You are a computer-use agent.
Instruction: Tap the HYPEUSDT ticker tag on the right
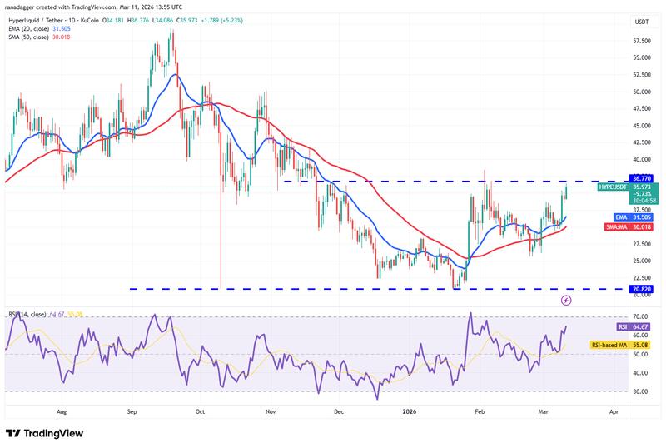614,188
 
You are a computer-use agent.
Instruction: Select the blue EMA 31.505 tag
619,217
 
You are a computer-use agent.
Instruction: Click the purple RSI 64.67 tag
619,328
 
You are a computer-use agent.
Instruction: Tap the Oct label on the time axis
199,411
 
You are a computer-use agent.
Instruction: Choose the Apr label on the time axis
614,411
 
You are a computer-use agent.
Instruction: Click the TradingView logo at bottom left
47,433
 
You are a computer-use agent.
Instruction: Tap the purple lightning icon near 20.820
566,300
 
